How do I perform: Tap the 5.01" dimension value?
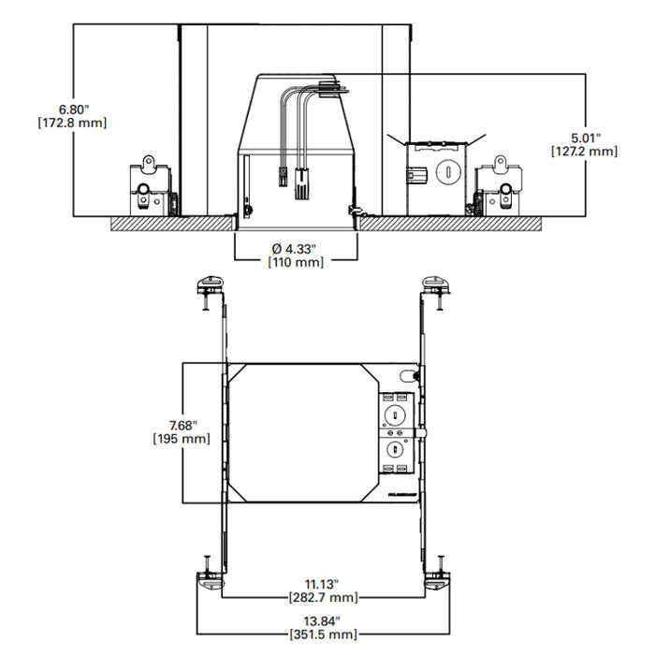[x=583, y=136]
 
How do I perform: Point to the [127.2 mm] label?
[x=583, y=151]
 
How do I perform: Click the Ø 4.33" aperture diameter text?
[x=295, y=248]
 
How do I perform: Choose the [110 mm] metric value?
[x=295, y=263]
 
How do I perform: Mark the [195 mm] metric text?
[x=181, y=439]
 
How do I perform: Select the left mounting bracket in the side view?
[x=150, y=187]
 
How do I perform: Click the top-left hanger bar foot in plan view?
[x=208, y=284]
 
